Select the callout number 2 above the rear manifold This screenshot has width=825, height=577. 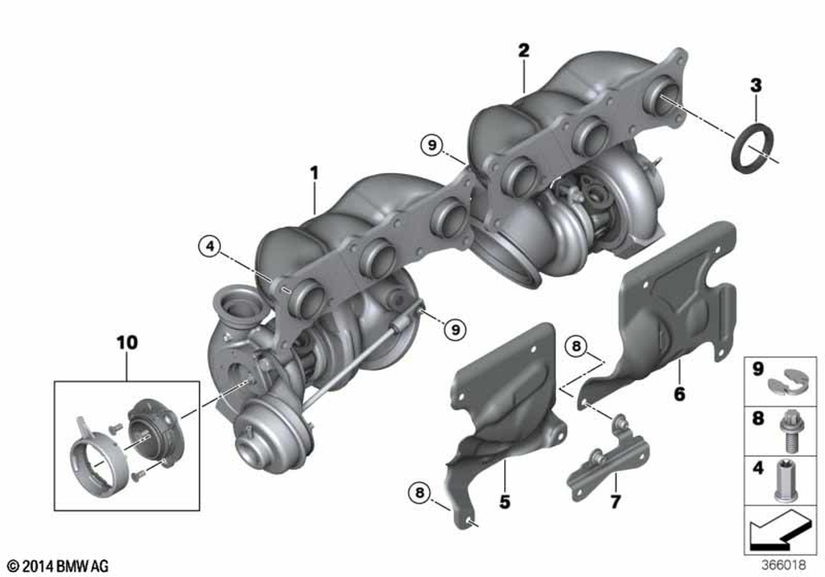[x=523, y=50]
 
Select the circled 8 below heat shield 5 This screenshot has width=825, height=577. [x=420, y=493]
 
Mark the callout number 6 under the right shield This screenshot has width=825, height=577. [x=679, y=394]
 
